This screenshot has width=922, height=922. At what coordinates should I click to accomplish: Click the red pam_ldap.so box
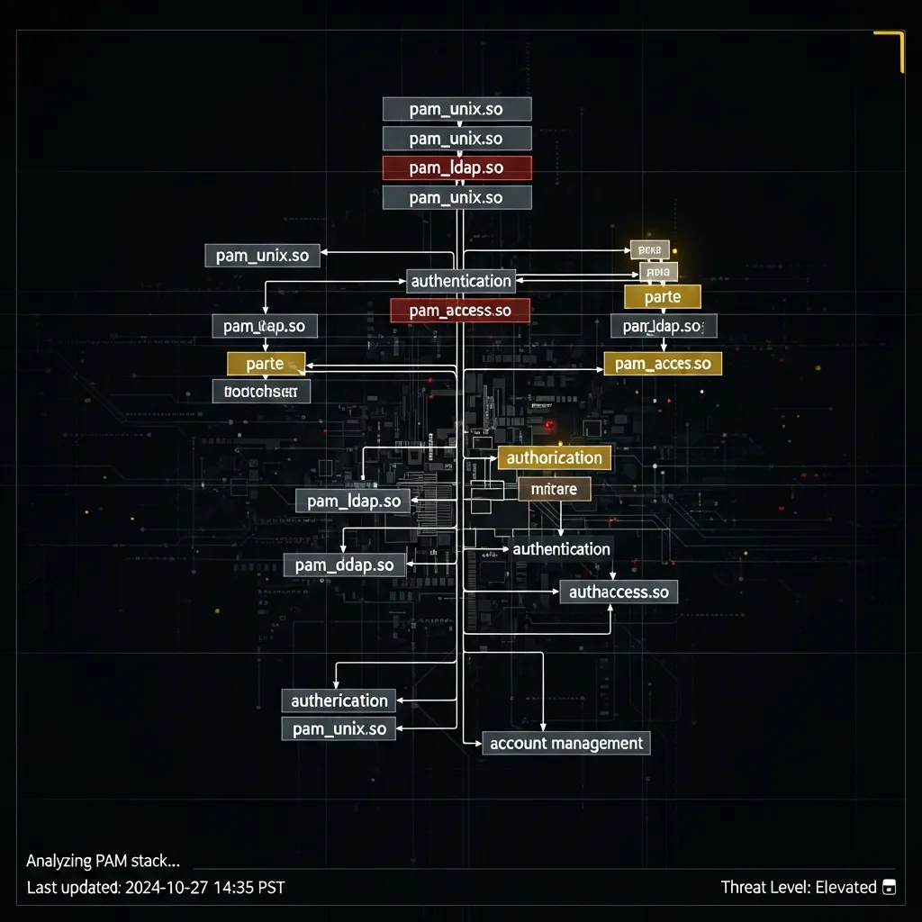[x=456, y=167]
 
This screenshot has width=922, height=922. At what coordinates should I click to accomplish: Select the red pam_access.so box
[x=460, y=311]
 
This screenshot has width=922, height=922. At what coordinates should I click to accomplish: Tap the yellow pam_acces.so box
[x=663, y=364]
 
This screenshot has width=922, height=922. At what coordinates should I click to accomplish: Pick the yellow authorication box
[x=554, y=457]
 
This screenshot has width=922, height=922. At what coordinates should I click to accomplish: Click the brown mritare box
[x=555, y=489]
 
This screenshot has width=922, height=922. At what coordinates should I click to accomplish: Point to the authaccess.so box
[x=619, y=592]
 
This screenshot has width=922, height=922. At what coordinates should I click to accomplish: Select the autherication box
[x=339, y=701]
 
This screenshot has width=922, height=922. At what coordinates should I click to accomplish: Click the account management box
[x=566, y=743]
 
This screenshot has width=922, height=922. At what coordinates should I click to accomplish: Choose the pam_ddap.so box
[x=345, y=565]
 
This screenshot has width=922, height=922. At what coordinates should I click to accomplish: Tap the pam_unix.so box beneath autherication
[x=339, y=728]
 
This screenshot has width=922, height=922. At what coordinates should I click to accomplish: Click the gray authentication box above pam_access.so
[x=461, y=281]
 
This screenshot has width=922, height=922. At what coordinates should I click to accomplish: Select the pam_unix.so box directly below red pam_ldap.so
[x=456, y=197]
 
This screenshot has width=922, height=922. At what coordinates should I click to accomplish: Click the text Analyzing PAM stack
[x=103, y=861]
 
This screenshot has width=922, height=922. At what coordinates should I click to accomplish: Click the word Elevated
[x=845, y=888]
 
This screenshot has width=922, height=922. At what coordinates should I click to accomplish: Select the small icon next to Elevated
[x=890, y=888]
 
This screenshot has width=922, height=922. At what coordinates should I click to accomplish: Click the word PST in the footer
[x=270, y=888]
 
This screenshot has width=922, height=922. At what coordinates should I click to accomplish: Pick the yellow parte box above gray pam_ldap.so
[x=662, y=296]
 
